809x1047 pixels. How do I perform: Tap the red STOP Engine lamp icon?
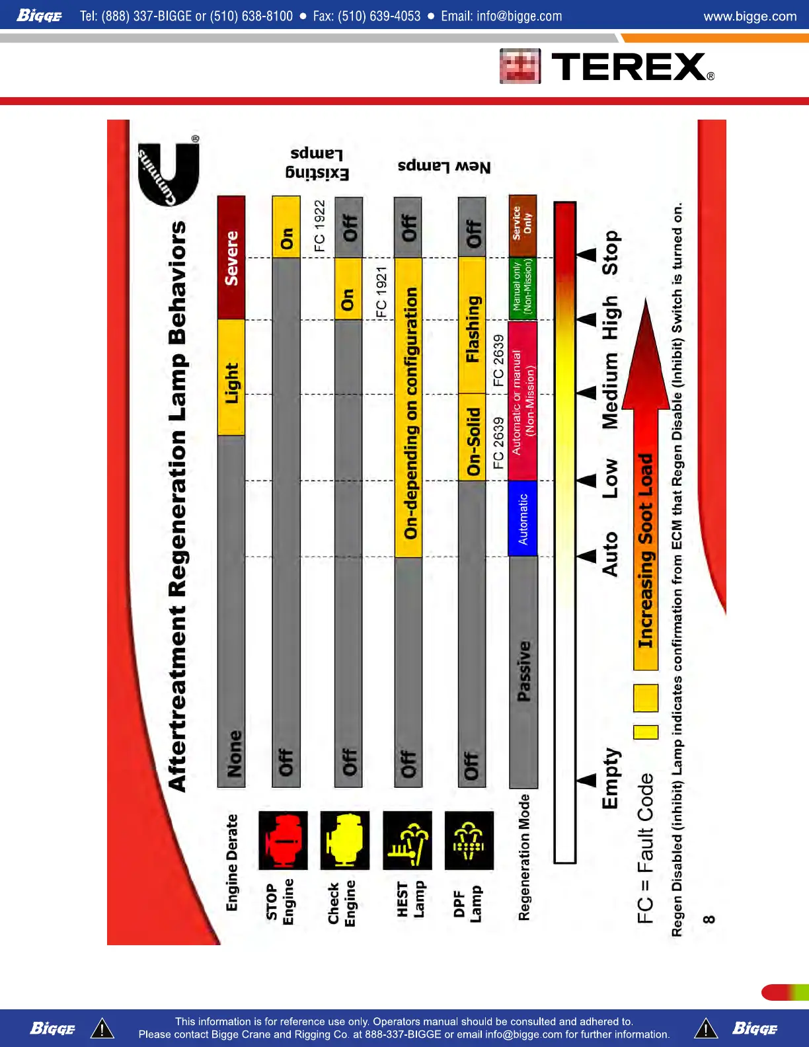pos(283,840)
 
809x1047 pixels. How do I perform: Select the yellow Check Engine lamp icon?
pos(344,840)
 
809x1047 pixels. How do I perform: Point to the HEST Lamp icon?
pos(407,840)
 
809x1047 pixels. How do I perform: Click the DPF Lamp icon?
pos(469,840)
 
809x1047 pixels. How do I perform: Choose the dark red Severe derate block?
pos(231,258)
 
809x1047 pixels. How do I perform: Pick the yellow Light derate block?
pos(231,378)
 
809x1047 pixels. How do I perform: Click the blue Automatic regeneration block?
pos(523,518)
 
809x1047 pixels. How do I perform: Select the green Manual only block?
pos(523,288)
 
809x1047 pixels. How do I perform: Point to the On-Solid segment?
pos(472,438)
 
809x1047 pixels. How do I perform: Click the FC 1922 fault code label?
pos(320,225)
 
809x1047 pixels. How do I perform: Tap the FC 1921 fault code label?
pos(381,291)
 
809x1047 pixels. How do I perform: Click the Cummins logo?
pos(168,173)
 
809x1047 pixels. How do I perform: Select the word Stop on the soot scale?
pos(610,252)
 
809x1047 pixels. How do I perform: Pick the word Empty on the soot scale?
pos(610,778)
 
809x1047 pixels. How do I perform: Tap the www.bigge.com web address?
pos(750,16)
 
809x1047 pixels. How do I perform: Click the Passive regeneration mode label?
pos(523,671)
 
